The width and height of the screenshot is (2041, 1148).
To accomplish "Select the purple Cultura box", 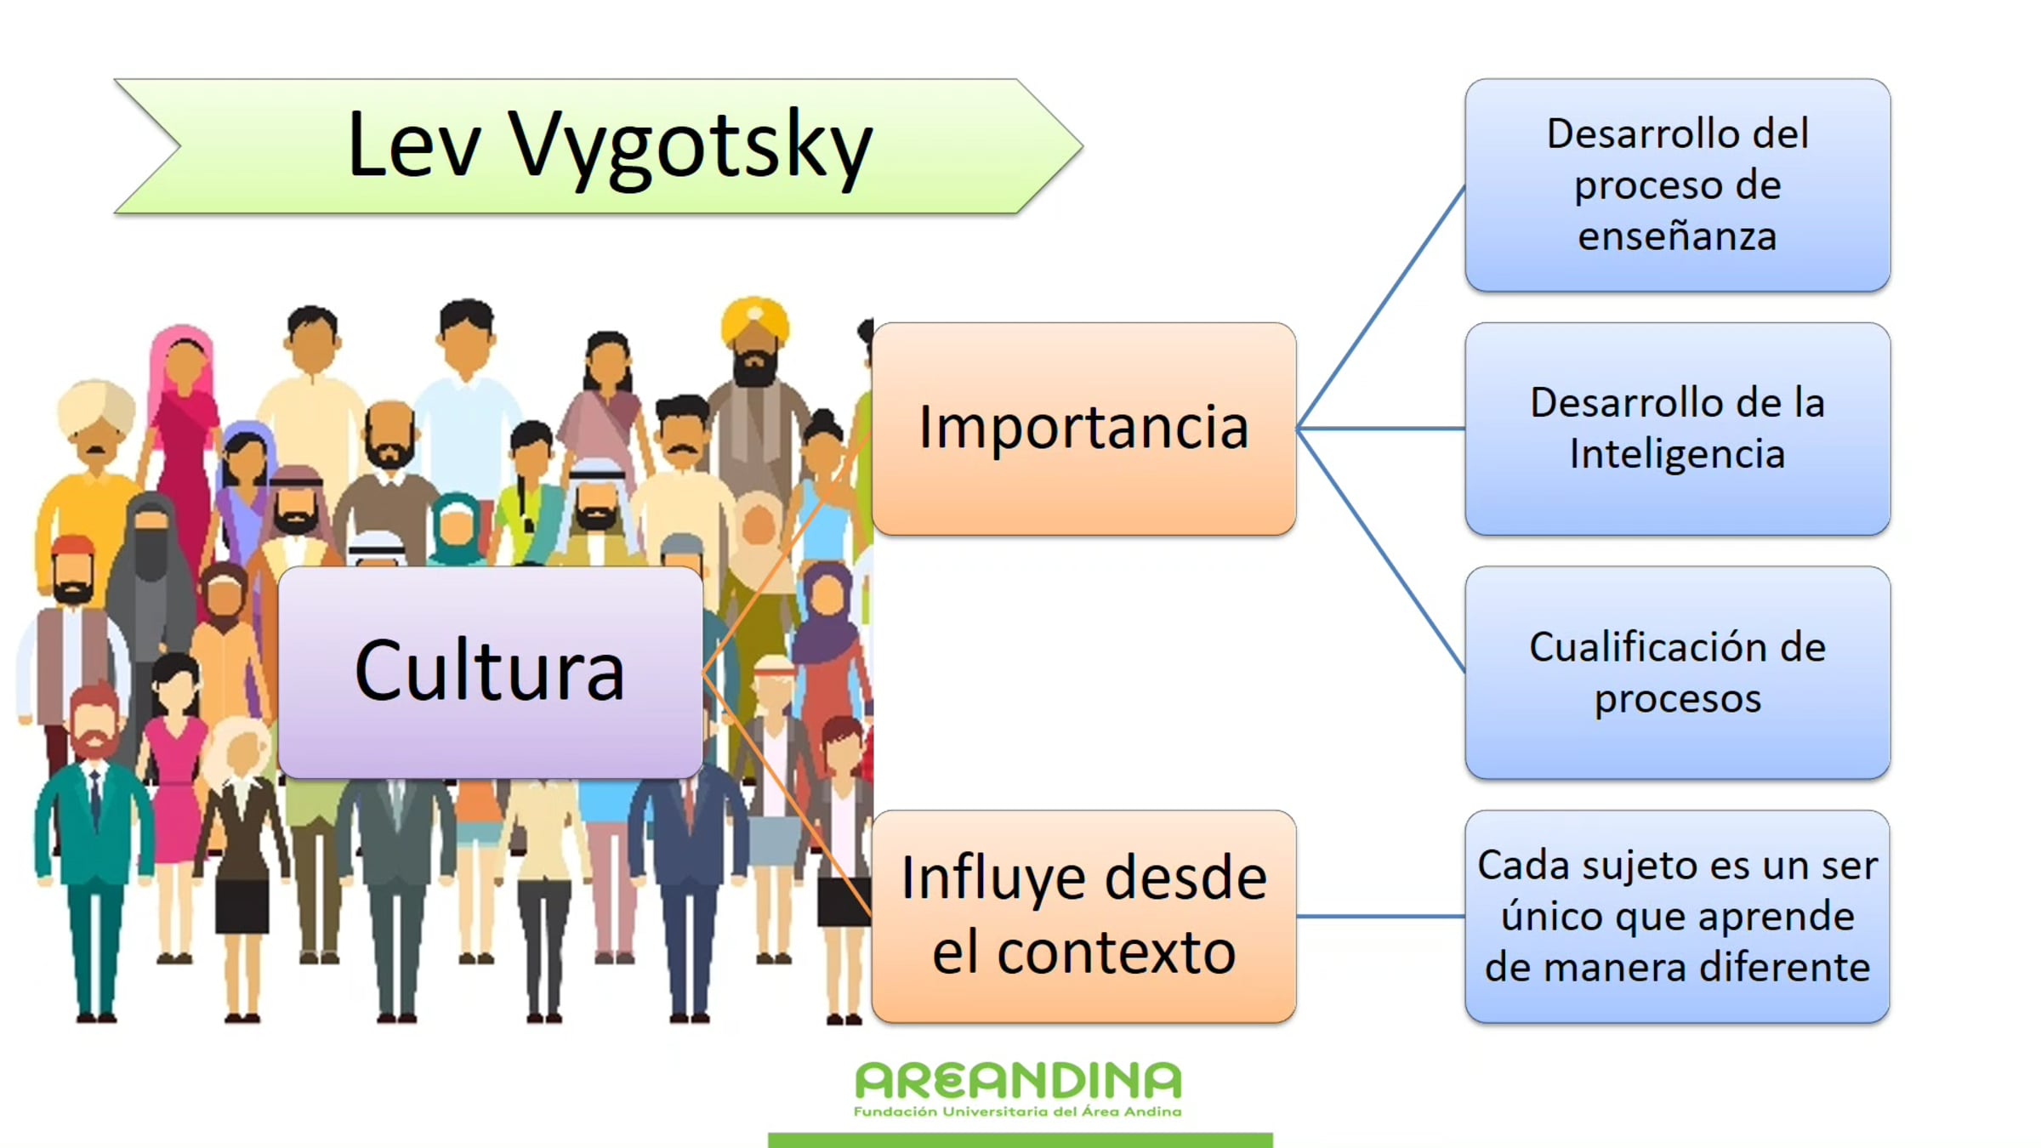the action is click(x=491, y=672).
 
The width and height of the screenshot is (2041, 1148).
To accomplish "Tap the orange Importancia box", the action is click(x=1084, y=429).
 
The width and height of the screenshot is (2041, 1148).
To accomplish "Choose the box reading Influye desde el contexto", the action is click(x=1084, y=917).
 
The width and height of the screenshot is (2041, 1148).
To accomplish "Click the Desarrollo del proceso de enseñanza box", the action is click(x=1678, y=185).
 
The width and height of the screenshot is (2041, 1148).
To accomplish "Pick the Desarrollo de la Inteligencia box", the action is click(x=1678, y=429).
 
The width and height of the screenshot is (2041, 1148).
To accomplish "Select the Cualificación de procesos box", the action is click(x=1678, y=673).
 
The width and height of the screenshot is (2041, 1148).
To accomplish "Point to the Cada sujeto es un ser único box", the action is click(x=1678, y=917).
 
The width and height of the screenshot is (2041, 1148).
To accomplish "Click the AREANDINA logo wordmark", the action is click(x=1018, y=1081).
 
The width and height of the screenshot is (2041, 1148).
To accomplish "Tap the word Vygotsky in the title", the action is click(x=691, y=146).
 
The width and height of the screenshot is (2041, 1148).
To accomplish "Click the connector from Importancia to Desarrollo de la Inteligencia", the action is click(x=1381, y=429).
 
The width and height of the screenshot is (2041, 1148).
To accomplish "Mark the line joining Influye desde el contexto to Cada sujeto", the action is click(x=1381, y=917).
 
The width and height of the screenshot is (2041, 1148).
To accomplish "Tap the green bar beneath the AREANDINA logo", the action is click(x=1020, y=1140).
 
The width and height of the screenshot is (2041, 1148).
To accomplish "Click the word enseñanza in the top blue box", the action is click(x=1677, y=236).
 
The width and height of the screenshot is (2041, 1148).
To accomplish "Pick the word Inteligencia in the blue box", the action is click(x=1677, y=454).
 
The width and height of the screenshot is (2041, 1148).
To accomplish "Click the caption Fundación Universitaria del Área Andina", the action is click(x=1018, y=1111).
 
